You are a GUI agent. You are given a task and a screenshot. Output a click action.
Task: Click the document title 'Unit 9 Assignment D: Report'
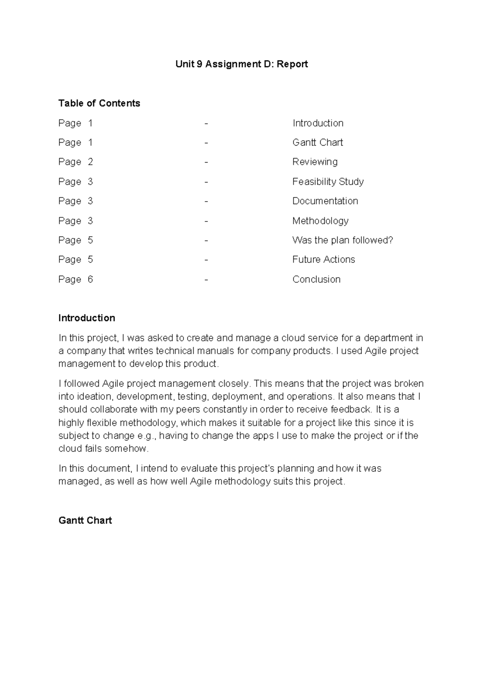[241, 64]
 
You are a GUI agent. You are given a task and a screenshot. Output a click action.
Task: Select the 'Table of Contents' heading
[99, 103]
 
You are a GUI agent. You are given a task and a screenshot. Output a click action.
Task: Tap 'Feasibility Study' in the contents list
[328, 181]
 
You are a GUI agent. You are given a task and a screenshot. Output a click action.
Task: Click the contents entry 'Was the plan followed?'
[342, 240]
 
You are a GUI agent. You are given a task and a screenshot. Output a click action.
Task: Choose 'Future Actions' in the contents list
[323, 259]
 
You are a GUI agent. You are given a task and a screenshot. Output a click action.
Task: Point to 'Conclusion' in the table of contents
[316, 279]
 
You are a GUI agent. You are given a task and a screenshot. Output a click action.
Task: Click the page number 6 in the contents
[90, 279]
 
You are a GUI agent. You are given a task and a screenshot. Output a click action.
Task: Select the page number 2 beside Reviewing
[90, 162]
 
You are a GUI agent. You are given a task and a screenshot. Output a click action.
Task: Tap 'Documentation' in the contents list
[325, 201]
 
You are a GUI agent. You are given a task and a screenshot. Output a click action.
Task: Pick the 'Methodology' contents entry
[320, 221]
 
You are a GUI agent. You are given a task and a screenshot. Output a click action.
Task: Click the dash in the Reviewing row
[206, 162]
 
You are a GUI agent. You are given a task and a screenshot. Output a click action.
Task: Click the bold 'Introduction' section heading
[87, 318]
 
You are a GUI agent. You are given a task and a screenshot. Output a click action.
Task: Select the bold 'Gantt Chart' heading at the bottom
[85, 520]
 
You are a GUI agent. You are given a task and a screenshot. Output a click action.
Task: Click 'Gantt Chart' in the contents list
[317, 142]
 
